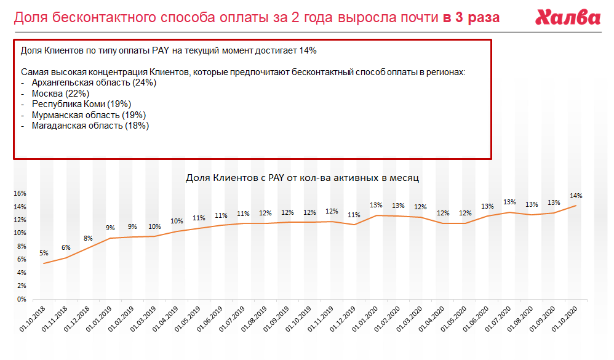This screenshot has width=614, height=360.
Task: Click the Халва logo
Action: (567, 17)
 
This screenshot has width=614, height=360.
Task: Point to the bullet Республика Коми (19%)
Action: (82, 104)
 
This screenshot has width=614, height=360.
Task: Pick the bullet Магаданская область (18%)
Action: (90, 126)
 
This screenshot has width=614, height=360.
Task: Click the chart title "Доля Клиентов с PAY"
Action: (302, 178)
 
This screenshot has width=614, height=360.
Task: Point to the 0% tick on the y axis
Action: (21, 299)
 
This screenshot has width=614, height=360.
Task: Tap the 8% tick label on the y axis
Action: (21, 246)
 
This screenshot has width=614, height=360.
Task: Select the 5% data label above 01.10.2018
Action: (44, 253)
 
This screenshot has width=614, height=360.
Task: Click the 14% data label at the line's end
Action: (576, 196)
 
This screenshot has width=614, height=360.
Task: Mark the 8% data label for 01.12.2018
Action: (88, 238)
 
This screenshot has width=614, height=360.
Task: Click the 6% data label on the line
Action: (66, 247)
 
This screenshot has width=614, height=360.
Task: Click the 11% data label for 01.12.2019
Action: (354, 215)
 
